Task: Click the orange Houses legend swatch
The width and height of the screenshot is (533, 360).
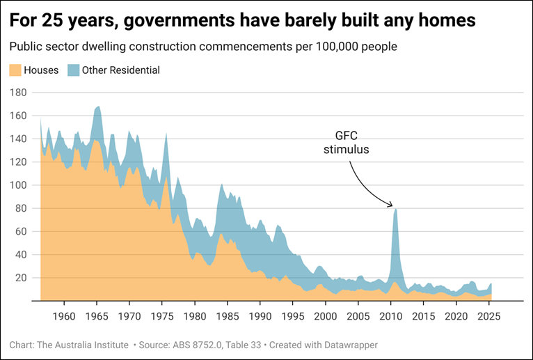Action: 15,70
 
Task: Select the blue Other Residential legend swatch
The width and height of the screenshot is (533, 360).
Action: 73,70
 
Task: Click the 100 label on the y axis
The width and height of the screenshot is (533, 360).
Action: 17,185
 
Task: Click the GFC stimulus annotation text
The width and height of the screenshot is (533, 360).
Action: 346,142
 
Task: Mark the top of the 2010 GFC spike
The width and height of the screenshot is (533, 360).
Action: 395,209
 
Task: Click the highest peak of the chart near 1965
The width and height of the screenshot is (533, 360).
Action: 98,107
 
